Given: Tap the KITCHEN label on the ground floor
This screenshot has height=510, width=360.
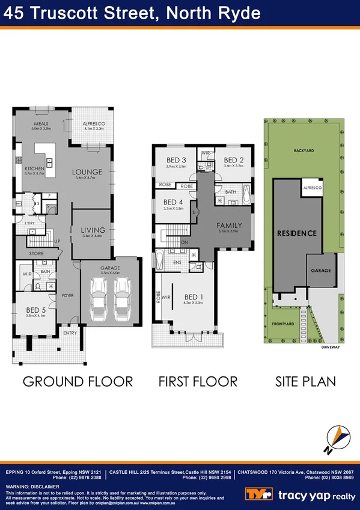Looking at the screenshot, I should click(34, 169).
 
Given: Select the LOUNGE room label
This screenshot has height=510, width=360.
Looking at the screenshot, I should click(88, 172).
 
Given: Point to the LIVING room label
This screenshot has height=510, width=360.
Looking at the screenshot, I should click(93, 230).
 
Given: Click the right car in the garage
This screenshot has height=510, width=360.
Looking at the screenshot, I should click(124, 298).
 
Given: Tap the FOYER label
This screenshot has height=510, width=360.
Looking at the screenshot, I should click(67, 295).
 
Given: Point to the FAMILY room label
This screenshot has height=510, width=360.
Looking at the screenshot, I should click(229, 226).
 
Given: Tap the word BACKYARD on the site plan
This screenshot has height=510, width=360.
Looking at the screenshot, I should click(304, 150).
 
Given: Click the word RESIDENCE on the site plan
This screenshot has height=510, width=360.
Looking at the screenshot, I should click(296, 233).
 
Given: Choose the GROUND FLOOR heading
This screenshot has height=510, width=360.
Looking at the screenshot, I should click(78, 381).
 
